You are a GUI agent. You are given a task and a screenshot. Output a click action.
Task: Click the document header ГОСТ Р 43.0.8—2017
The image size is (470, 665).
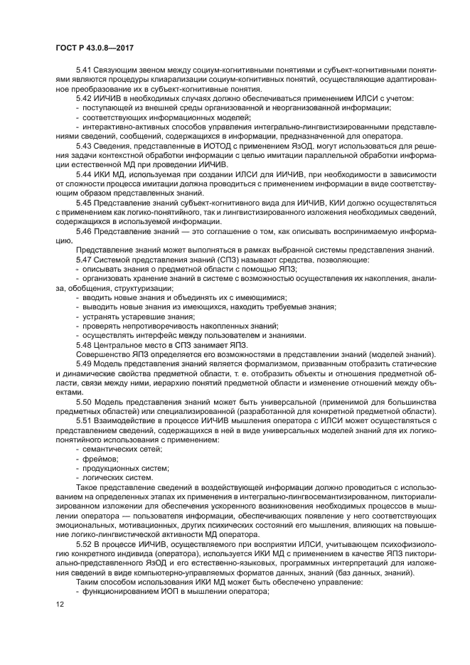pos(95,48)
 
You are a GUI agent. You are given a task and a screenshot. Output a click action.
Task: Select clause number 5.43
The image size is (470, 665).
pos(84,145)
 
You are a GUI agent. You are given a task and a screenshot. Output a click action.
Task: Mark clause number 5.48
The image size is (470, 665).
pos(84,344)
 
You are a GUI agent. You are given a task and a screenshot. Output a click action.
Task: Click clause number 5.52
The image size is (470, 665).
pos(84,543)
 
